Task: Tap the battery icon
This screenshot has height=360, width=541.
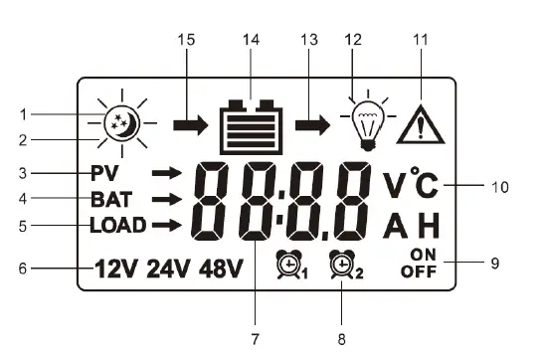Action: [251, 127]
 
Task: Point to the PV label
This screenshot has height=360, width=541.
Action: [105, 173]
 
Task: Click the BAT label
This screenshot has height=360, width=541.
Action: [111, 199]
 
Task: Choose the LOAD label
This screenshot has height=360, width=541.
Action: [117, 225]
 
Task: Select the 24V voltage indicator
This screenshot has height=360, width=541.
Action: [168, 269]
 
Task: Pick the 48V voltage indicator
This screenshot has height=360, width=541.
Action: [220, 269]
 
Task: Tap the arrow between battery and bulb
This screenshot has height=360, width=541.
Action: [314, 126]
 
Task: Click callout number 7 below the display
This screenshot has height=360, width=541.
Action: [256, 339]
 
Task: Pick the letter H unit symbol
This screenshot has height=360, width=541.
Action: [429, 226]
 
